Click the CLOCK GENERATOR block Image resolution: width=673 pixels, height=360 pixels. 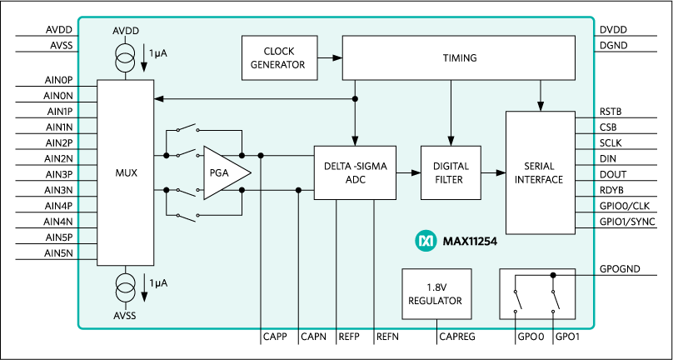[x=279, y=57]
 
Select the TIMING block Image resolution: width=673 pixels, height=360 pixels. [x=459, y=57]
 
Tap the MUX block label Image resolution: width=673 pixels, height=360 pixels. [x=125, y=173]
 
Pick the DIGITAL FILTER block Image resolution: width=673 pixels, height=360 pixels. [x=451, y=172]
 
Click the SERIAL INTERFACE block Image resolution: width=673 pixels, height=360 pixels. [x=540, y=172]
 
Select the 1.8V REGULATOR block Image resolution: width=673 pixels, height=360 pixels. [x=436, y=293]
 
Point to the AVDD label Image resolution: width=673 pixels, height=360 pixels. [x=126, y=31]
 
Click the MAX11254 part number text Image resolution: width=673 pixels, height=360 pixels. [x=471, y=241]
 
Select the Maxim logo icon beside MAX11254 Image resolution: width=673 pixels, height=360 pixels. [x=426, y=241]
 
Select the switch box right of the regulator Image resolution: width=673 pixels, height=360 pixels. [x=536, y=293]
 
